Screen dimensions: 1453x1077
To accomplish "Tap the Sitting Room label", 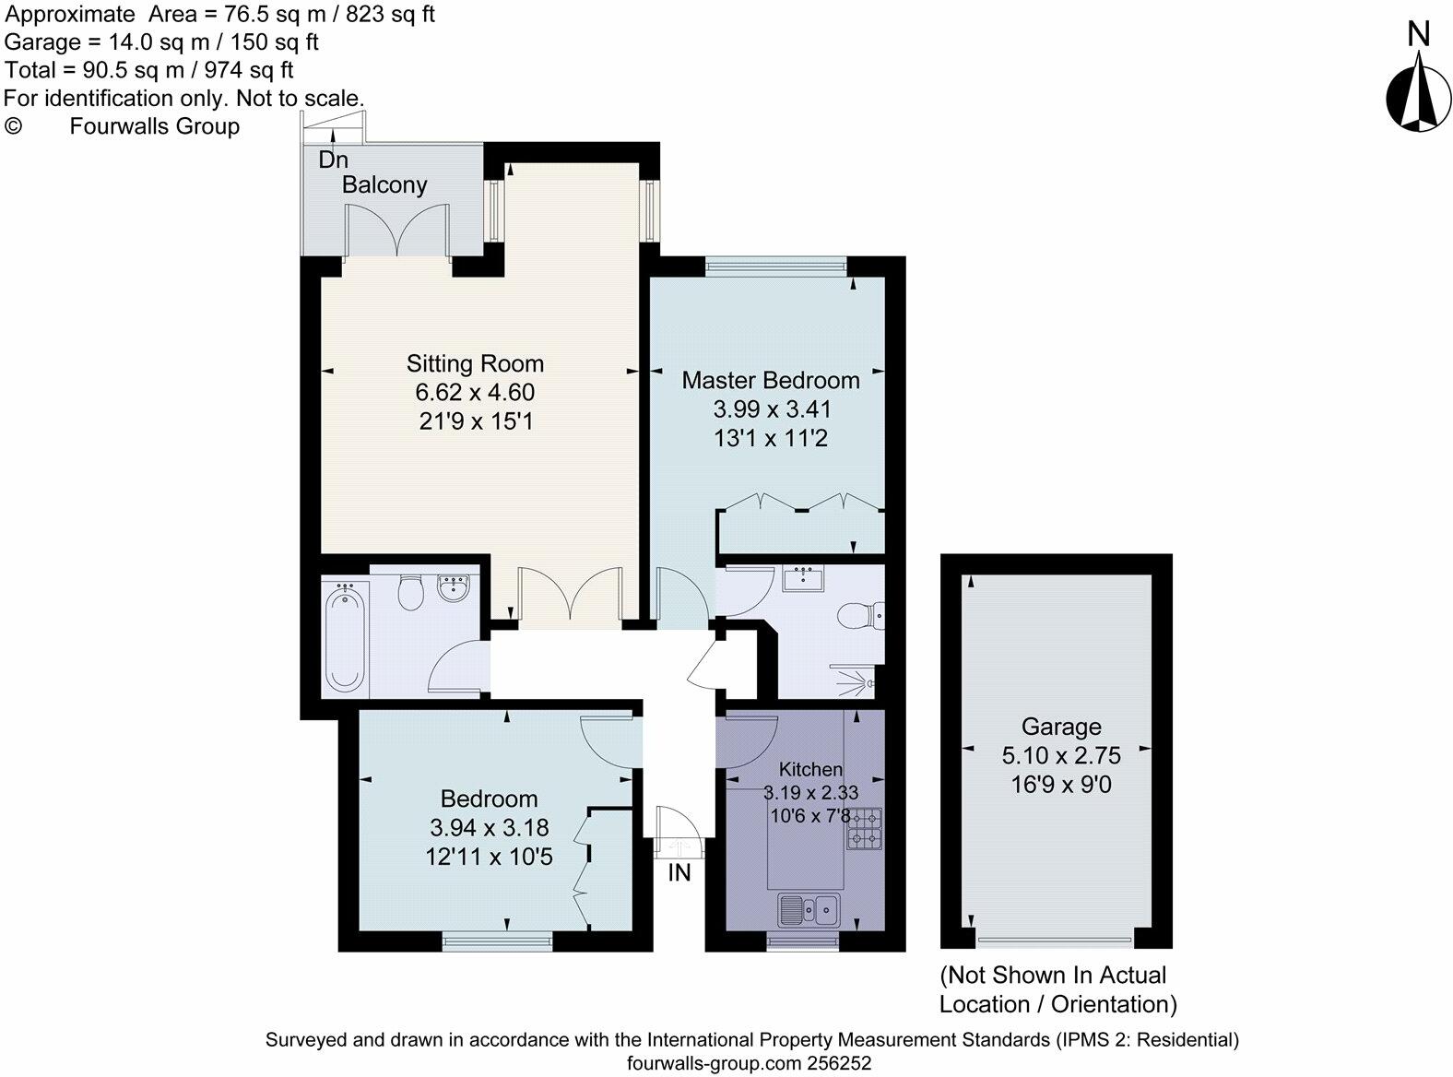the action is [475, 363].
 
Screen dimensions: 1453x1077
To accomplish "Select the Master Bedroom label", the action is [771, 380].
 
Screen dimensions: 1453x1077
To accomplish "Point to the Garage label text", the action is [1061, 727].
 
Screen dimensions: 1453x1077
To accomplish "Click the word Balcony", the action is [384, 185].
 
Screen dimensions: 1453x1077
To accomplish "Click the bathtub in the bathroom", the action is [345, 639].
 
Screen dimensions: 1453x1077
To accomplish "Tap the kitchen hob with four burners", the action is [864, 829].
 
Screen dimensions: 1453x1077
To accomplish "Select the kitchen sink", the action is [809, 909].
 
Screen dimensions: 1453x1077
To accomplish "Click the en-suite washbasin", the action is [803, 579].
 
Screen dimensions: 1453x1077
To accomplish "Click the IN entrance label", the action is [679, 872].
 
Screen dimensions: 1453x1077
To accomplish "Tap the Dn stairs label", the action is [333, 160].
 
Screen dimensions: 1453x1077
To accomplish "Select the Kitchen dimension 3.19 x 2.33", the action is [811, 793].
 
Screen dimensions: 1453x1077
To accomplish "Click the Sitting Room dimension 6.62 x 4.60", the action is [475, 392].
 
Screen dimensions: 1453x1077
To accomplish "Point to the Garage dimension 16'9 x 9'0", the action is [1061, 784].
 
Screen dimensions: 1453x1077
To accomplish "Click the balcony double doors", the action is [397, 231].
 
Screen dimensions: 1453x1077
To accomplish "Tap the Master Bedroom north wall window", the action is [776, 266].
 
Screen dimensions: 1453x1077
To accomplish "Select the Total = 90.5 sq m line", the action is [148, 70].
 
